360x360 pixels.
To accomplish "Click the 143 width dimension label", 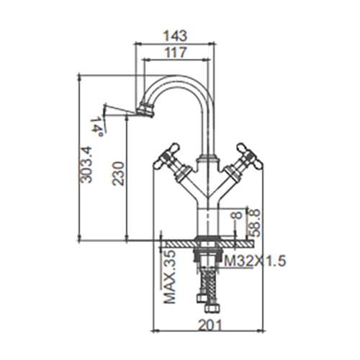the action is (175, 35).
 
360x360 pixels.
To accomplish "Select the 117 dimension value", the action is (176, 52).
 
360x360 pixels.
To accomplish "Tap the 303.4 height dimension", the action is (86, 165).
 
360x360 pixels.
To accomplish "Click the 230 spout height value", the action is (118, 174).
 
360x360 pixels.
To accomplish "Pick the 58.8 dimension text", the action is (254, 222).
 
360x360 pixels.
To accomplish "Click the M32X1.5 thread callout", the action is (255, 261).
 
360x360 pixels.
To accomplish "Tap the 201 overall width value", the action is (210, 325).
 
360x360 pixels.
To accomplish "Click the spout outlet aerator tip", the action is (145, 110).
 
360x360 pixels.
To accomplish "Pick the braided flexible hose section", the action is (208, 282).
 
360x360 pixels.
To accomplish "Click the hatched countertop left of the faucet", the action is (178, 244).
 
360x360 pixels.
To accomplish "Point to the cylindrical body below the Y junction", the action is (207, 222).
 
